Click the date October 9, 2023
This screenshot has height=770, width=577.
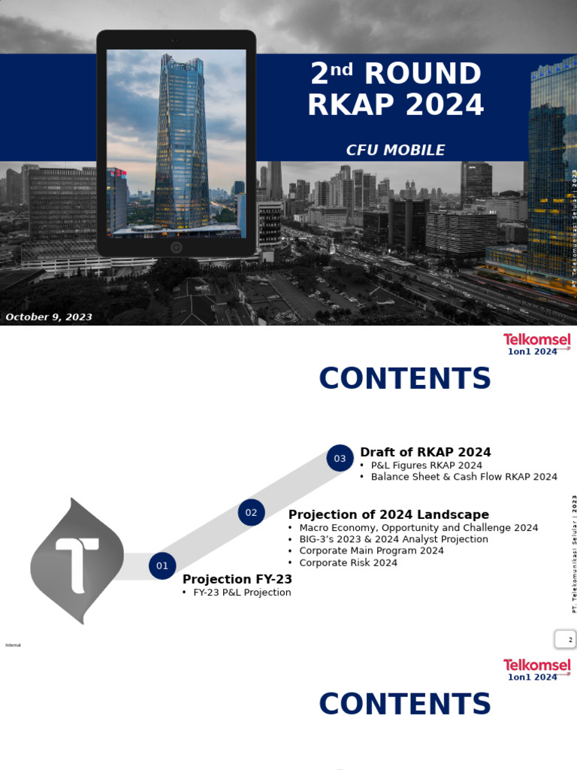49,317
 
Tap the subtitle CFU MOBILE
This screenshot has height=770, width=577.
395,150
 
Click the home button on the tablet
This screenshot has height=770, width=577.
176,247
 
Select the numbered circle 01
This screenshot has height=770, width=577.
162,566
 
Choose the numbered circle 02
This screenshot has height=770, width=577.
251,513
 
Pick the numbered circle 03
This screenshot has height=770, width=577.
340,458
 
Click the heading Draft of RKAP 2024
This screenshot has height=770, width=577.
425,453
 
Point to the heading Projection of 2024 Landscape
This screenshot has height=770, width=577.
388,515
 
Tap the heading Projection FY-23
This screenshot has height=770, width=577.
237,580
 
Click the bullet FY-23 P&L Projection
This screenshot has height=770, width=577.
242,593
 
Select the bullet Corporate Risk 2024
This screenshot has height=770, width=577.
348,563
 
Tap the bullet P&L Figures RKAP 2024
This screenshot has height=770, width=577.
426,465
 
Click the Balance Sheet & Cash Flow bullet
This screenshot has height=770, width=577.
464,477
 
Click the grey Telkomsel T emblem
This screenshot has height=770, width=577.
77,561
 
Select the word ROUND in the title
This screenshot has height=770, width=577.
422,74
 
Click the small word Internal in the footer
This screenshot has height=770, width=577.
13,645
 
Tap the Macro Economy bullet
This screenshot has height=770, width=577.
418,528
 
